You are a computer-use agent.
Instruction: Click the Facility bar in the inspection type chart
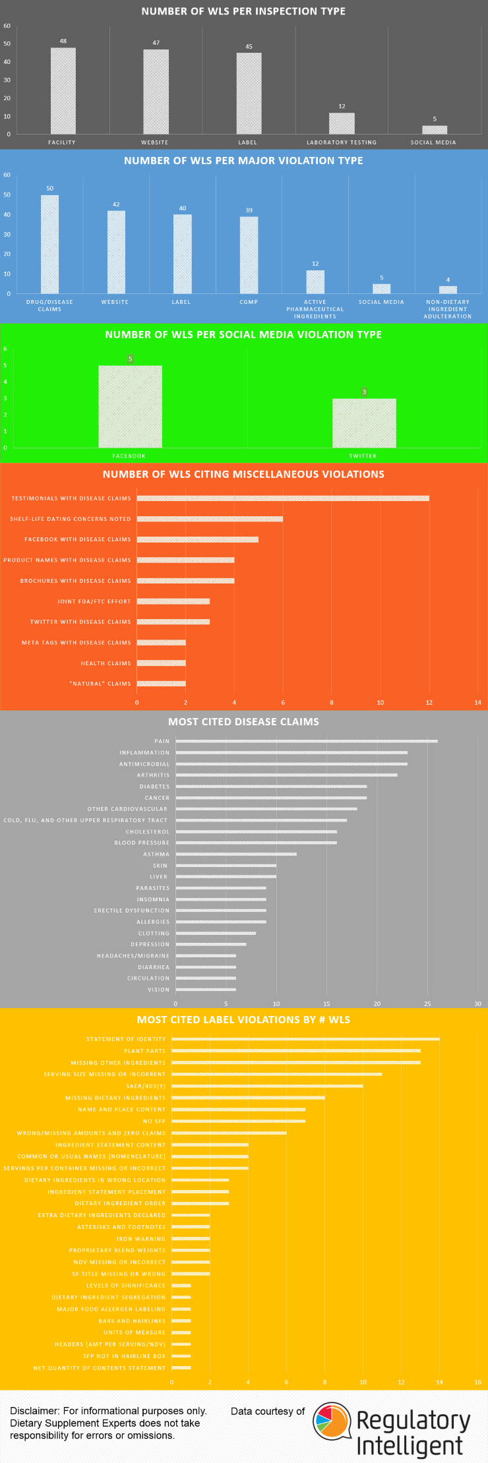[x=63, y=91]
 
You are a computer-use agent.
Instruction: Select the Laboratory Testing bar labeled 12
[x=342, y=123]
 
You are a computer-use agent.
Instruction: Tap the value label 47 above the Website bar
[x=156, y=43]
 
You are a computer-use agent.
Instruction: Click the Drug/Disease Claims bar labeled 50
[x=50, y=244]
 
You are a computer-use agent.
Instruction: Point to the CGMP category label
[x=249, y=302]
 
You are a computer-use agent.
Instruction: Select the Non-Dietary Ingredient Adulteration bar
[x=448, y=289]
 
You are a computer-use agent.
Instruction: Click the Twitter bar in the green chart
[x=364, y=423]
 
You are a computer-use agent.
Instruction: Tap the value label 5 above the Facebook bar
[x=131, y=359]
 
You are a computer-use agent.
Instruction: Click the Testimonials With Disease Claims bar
[x=283, y=498]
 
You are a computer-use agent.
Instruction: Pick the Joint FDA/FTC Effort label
[x=94, y=601]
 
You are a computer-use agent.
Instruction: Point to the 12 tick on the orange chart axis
[x=429, y=703]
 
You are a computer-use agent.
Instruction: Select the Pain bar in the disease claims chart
[x=307, y=741]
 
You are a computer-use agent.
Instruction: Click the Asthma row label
[x=156, y=854]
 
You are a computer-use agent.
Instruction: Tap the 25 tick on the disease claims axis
[x=427, y=1003]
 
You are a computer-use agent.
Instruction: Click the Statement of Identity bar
[x=305, y=1039]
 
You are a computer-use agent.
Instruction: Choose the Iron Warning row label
[x=141, y=1239]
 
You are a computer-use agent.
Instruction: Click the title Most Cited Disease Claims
[x=243, y=722]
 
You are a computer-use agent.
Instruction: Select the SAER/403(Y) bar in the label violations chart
[x=267, y=1086]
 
